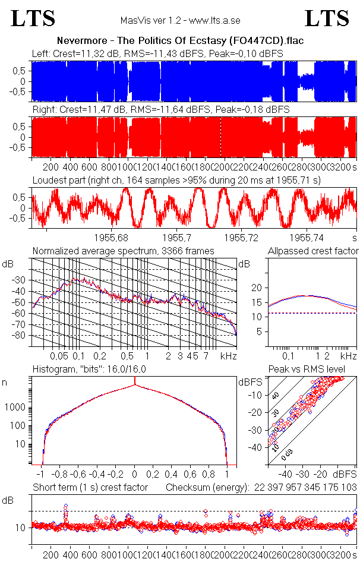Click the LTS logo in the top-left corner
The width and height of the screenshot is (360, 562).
coord(33,18)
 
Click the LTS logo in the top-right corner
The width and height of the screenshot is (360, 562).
coord(327,18)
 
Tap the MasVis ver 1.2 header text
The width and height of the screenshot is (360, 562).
coord(180,20)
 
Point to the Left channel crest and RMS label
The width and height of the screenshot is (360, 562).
coord(157,53)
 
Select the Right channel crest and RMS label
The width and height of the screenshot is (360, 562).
coord(160,110)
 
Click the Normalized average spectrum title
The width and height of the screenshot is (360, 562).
coord(123,251)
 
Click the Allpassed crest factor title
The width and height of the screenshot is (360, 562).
coord(313,251)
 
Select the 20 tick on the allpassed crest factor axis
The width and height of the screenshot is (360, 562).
coord(257,288)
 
